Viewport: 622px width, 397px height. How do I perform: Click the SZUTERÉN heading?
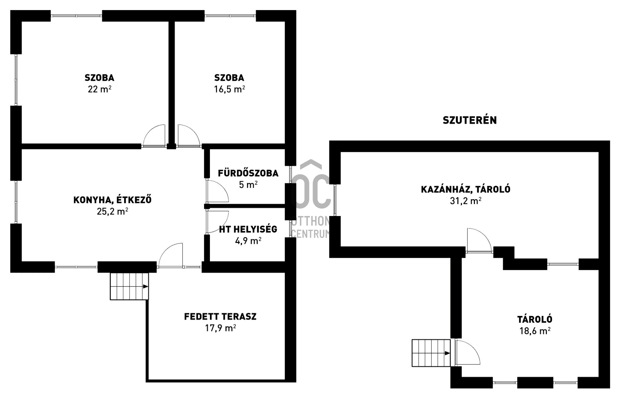click(469, 120)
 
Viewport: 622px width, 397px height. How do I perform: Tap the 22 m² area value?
click(99, 89)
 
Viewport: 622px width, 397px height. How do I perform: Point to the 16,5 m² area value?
click(229, 89)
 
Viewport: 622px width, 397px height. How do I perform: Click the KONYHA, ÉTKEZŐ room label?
click(112, 199)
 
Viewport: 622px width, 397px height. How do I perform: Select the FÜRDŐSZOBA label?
click(248, 173)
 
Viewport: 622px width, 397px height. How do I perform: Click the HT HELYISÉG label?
click(248, 229)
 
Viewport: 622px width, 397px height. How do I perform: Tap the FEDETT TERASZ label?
click(220, 317)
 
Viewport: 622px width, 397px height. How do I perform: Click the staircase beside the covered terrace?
click(129, 286)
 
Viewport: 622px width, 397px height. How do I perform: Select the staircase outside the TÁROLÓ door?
click(431, 353)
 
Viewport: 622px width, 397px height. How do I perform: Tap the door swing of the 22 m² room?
click(154, 136)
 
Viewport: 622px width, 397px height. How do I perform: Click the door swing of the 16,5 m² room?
click(189, 136)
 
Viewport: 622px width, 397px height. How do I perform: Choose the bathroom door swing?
click(217, 191)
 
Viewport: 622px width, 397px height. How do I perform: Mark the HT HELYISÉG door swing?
click(217, 222)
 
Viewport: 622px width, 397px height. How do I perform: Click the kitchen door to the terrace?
click(170, 255)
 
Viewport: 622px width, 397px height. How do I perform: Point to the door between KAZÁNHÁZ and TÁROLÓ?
click(479, 240)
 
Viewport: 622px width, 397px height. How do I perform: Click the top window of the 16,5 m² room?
click(230, 16)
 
